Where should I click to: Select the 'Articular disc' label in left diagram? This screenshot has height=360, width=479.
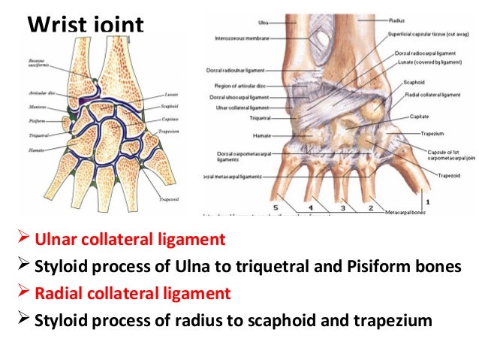point(38,94)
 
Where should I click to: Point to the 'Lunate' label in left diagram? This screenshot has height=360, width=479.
point(169,95)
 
